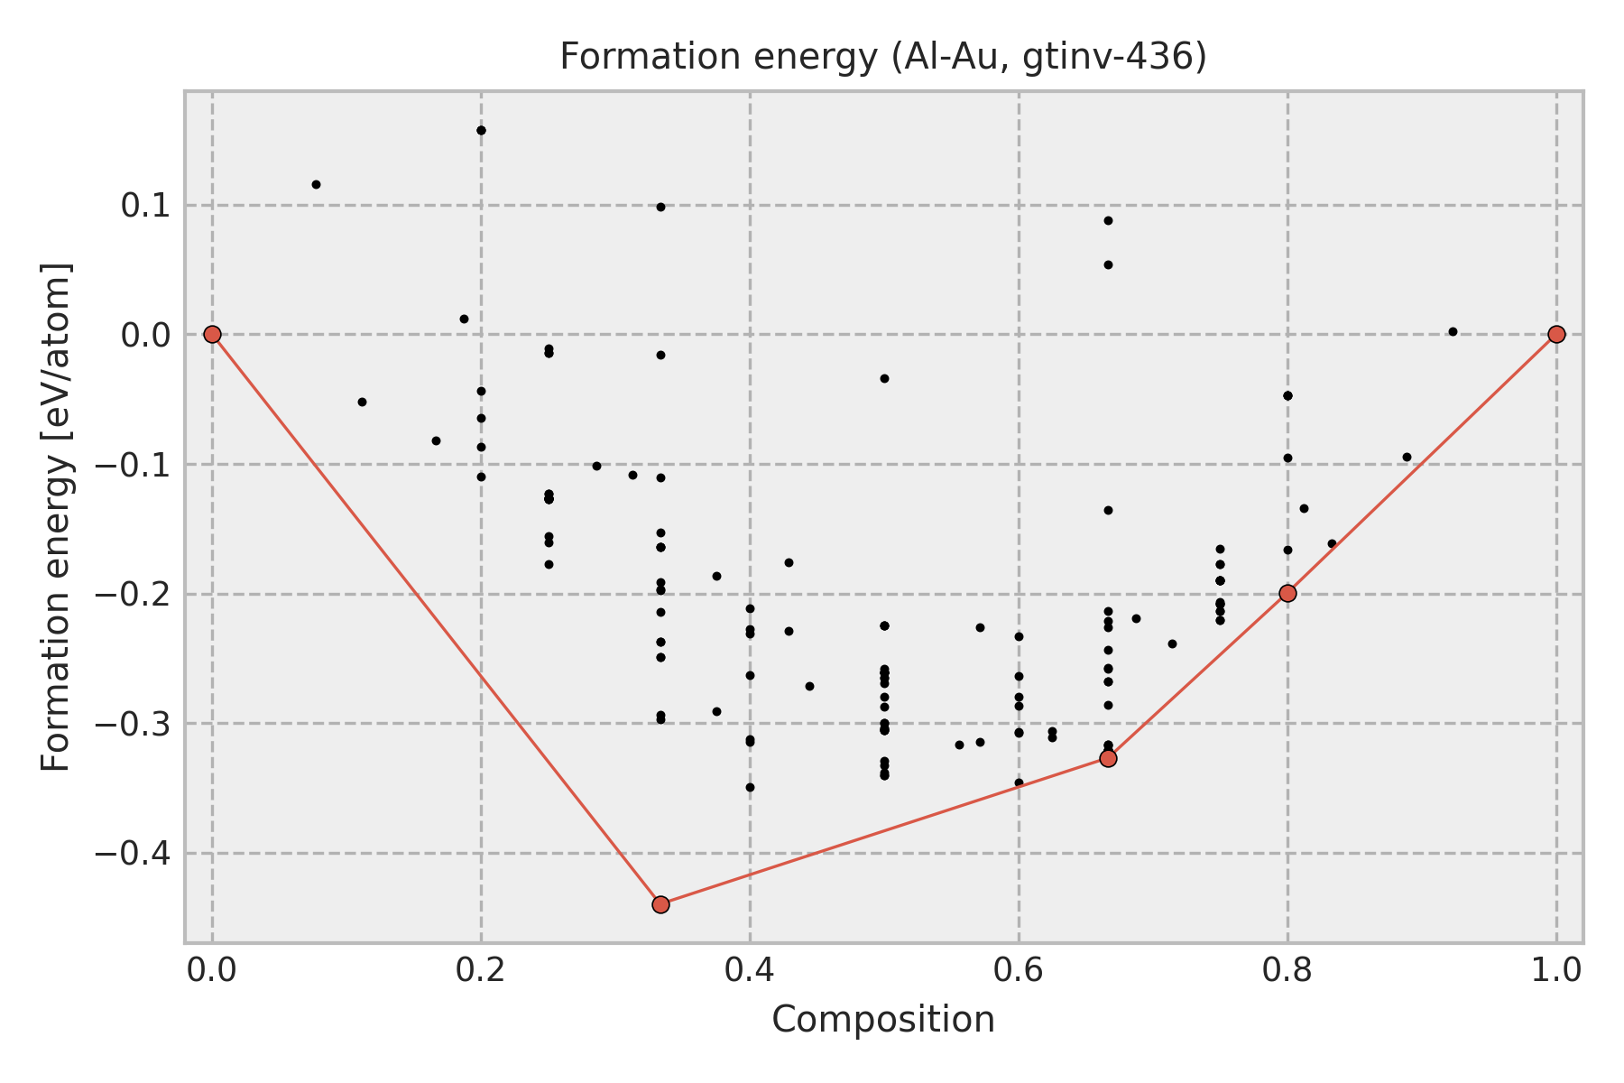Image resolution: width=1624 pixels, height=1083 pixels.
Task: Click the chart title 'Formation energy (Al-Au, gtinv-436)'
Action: pos(883,57)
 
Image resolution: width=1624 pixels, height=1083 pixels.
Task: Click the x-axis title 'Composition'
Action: pos(883,1020)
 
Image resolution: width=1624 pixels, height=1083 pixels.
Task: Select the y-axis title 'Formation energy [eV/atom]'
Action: pos(57,517)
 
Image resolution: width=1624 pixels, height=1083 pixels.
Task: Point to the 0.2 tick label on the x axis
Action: pos(481,970)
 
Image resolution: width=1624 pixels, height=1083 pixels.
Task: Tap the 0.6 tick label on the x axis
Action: pos(1019,970)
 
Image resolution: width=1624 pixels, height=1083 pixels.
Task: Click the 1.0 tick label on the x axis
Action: pos(1556,970)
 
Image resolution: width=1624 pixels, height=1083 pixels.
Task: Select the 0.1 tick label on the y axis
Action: pos(144,206)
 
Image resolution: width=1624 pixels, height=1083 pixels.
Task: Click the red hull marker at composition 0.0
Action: pos(212,335)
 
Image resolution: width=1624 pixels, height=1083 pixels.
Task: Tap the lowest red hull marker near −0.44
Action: pos(660,904)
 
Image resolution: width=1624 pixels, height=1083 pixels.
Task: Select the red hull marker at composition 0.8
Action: pos(1287,593)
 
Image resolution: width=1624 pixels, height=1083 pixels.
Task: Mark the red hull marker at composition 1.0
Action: pos(1556,335)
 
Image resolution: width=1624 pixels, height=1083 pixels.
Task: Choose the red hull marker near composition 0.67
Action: pos(1108,758)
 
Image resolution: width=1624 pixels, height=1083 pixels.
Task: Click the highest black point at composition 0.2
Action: pos(481,130)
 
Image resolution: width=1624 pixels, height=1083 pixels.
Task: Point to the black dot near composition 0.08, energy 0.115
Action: pos(316,184)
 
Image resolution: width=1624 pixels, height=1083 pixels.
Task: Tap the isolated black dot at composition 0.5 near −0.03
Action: pos(884,378)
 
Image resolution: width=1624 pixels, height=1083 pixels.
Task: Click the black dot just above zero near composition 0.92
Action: pos(1453,331)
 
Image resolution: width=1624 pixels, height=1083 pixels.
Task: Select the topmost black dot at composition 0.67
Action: pos(1108,220)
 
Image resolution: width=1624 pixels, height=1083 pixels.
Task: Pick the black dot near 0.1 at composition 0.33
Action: pos(660,207)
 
